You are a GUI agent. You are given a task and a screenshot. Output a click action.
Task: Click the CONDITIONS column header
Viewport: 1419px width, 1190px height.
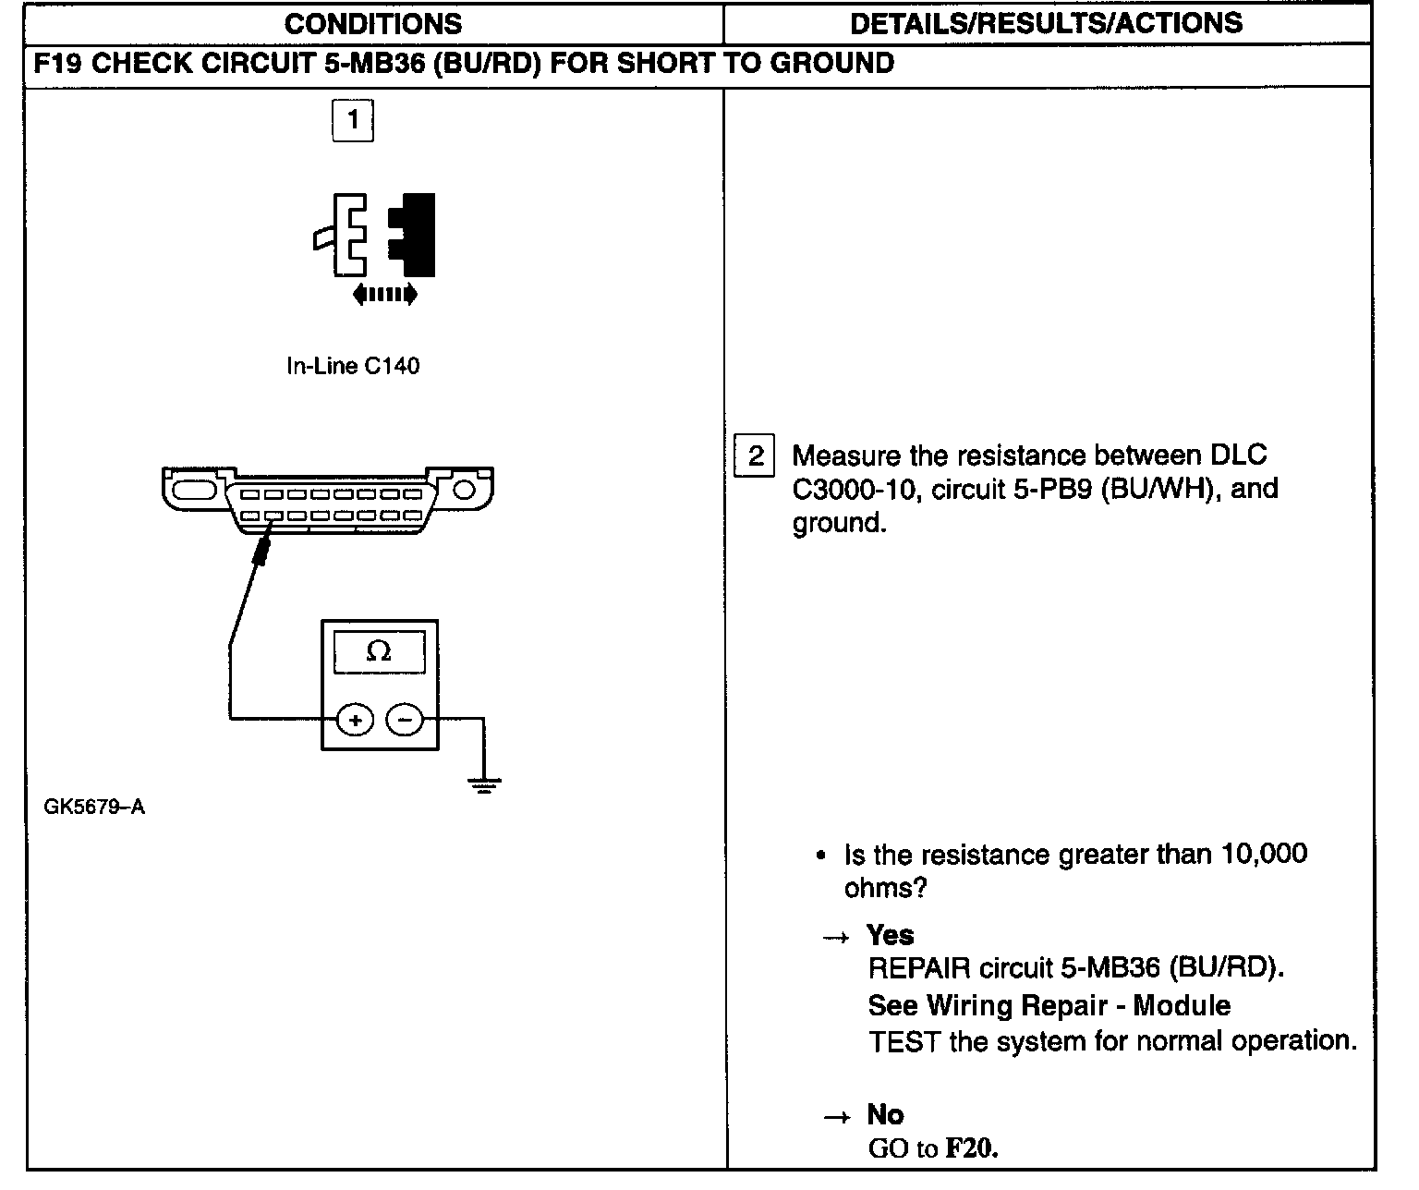[373, 24]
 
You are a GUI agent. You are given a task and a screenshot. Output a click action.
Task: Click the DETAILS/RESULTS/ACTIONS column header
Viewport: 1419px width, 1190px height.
[1046, 24]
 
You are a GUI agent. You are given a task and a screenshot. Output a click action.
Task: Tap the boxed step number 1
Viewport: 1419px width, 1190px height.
[352, 120]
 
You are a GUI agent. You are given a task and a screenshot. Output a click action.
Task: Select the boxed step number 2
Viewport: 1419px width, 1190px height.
[755, 456]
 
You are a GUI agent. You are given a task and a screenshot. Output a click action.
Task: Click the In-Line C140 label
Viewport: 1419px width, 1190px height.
[353, 366]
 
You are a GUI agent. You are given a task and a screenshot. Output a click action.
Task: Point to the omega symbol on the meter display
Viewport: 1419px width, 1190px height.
[379, 652]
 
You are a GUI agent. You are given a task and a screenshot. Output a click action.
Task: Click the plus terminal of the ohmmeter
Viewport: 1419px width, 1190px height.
[355, 719]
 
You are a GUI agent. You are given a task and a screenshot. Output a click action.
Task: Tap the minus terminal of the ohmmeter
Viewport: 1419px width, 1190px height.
[403, 719]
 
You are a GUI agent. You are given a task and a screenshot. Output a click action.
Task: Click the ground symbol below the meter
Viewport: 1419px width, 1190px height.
[483, 785]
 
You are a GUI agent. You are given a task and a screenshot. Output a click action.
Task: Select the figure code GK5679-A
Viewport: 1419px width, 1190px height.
[94, 807]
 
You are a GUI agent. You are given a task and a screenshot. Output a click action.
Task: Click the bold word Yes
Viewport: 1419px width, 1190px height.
[891, 935]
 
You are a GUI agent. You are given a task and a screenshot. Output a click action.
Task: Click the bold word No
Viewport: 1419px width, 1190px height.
[885, 1114]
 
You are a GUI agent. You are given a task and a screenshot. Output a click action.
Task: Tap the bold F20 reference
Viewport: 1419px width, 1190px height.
[973, 1149]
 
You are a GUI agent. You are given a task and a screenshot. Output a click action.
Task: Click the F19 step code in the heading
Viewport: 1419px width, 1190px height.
[59, 63]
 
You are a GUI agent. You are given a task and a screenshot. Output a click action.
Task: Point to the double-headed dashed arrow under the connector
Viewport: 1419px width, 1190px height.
[385, 295]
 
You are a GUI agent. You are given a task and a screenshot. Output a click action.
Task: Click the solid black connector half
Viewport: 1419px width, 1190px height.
[415, 234]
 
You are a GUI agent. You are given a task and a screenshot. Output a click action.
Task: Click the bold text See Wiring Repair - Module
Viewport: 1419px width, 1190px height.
[1049, 1005]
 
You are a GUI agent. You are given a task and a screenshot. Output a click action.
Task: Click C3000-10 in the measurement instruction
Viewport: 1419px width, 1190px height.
[855, 490]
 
